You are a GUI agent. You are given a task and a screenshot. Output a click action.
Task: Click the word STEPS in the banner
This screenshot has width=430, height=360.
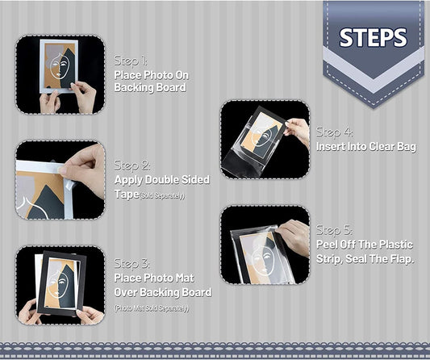coord(373,37)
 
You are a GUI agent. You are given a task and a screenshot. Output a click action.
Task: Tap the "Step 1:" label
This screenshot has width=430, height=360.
coord(131,61)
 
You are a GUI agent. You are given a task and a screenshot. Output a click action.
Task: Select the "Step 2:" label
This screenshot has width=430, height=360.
coord(132,165)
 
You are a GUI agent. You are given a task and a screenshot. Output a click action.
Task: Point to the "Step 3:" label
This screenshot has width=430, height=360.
coord(132,264)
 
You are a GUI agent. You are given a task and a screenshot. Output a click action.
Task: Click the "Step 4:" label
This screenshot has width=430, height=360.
coord(334,132)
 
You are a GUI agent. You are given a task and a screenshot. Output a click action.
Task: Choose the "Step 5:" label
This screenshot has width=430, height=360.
coord(334,230)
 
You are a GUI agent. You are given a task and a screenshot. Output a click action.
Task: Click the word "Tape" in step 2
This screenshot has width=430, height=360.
coord(127,195)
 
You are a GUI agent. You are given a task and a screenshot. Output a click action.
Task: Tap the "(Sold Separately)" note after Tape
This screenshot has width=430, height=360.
coord(162,195)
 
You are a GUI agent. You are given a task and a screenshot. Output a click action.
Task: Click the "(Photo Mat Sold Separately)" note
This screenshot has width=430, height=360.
coord(152,308)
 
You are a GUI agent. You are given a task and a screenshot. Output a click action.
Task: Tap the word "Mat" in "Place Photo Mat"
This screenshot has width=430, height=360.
coord(185,278)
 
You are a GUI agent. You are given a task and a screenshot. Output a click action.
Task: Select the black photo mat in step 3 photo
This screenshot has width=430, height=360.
coord(61,283)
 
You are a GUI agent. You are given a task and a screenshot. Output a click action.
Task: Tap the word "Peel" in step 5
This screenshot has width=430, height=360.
coord(327,245)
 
